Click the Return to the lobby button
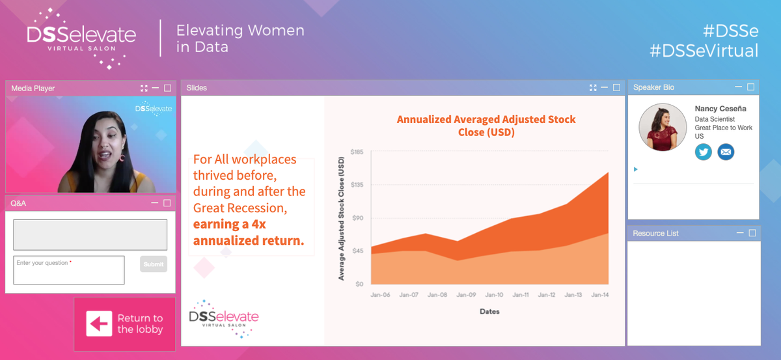coord(124,324)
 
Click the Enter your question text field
coord(69,270)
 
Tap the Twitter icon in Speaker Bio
coord(704,152)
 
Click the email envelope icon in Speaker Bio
coord(726,152)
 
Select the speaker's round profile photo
coord(663,126)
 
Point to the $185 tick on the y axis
coord(357,152)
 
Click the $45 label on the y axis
coord(358,251)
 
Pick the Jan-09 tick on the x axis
coord(466,295)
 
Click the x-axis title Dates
coord(489,311)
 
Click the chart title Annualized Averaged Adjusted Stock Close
coord(486,126)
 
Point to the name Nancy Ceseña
coord(720,109)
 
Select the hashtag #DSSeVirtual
coord(704,51)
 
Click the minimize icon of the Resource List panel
coord(740,233)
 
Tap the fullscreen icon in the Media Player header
coord(144,88)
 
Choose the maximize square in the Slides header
coord(617,87)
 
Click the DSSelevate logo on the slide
coord(223,318)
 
